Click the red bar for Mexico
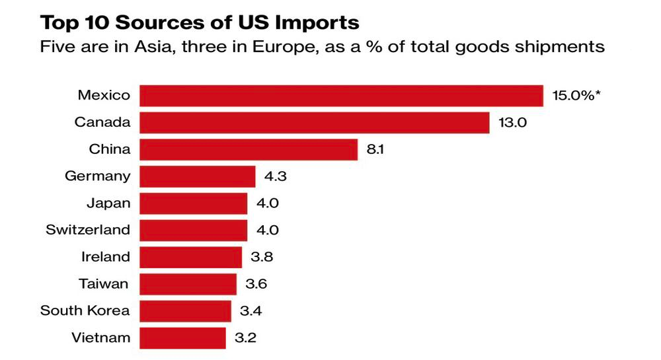[x=342, y=96]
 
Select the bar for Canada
[x=315, y=122]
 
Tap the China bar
[x=249, y=149]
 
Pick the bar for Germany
[x=197, y=176]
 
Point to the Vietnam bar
[x=182, y=338]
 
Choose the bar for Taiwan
[x=188, y=284]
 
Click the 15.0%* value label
[x=576, y=96]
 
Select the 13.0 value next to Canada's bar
[x=513, y=122]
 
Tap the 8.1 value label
[x=375, y=149]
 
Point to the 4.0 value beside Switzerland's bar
[x=268, y=231]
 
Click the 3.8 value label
[x=262, y=257]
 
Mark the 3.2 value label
[x=245, y=338]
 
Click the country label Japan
[x=109, y=204]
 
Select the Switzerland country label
[x=88, y=230]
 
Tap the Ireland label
[x=106, y=257]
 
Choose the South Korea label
[x=85, y=310]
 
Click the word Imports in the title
[x=317, y=24]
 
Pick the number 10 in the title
[x=97, y=22]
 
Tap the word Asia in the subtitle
[x=154, y=47]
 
